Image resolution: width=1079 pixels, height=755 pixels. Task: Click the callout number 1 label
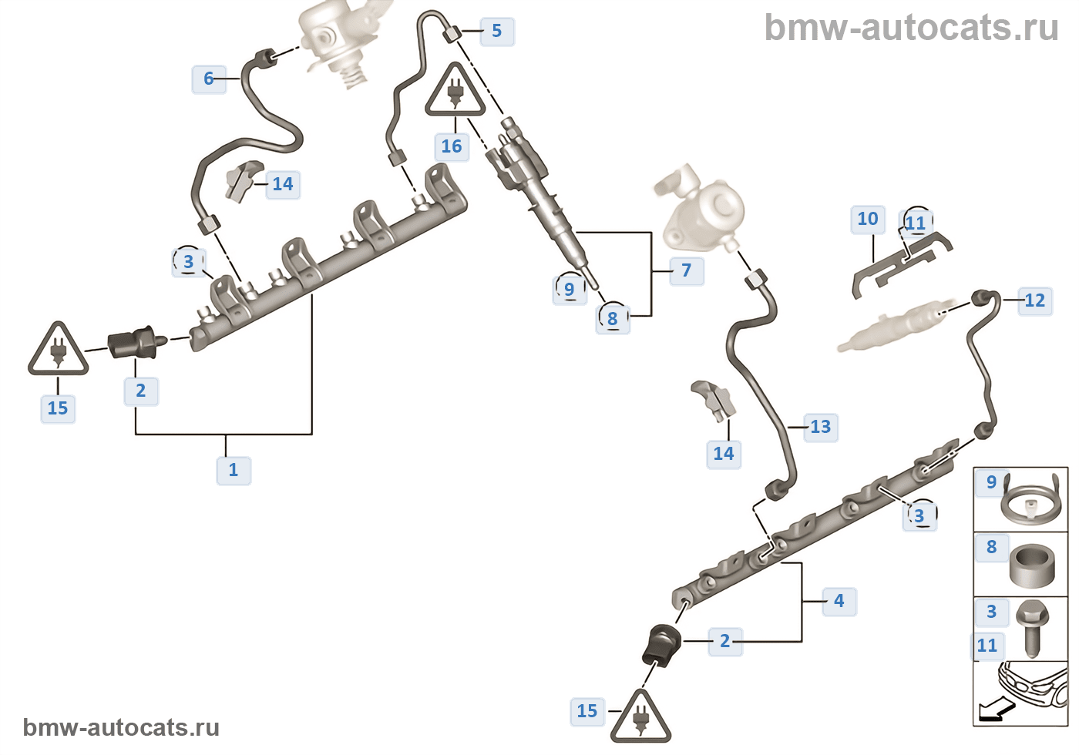[234, 470]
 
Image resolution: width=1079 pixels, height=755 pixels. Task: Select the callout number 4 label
[839, 601]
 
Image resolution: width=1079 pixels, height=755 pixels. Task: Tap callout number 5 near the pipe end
[496, 32]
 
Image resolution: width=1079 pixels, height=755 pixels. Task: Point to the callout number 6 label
[208, 79]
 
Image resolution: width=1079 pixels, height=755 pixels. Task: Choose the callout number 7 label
[686, 270]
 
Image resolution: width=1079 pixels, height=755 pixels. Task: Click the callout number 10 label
[868, 220]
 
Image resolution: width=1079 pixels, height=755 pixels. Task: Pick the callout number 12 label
[1034, 300]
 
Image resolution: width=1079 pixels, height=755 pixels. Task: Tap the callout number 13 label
[820, 427]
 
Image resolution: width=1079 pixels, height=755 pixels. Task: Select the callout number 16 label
[452, 146]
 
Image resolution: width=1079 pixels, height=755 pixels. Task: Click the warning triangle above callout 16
[455, 92]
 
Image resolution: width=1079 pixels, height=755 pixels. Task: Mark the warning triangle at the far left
[58, 351]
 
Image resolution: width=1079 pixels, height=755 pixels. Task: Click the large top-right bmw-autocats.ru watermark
[911, 28]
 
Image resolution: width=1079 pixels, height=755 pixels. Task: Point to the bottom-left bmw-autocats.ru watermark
[121, 727]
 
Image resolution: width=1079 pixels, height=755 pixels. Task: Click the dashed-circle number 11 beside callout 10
[916, 223]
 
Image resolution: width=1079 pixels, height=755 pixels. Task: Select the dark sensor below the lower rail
[661, 644]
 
